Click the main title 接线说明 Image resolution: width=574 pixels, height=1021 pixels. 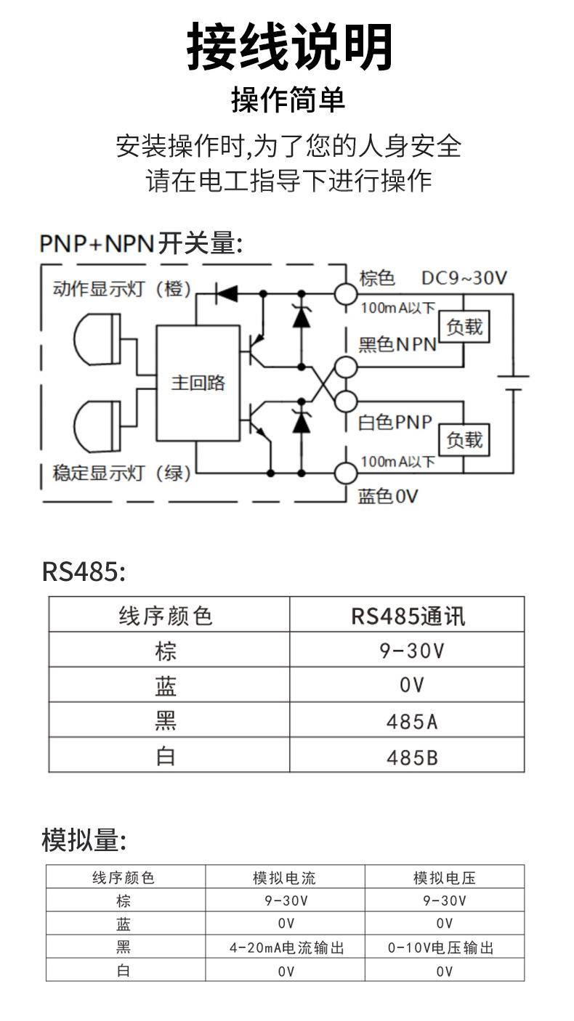pyautogui.click(x=289, y=47)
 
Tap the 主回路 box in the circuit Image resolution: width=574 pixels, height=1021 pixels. pyautogui.click(x=198, y=383)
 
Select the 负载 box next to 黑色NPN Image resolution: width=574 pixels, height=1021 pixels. pyautogui.click(x=464, y=328)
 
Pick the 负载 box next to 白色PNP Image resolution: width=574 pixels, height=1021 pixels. pyautogui.click(x=464, y=439)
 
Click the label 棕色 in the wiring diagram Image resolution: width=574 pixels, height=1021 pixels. pyautogui.click(x=377, y=278)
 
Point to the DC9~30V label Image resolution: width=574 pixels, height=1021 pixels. pyautogui.click(x=464, y=278)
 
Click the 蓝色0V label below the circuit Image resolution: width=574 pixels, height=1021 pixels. pyautogui.click(x=388, y=496)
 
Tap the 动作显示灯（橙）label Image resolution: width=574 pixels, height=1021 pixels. pyautogui.click(x=122, y=289)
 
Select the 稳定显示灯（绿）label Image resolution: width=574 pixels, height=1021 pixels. pyautogui.click(x=122, y=474)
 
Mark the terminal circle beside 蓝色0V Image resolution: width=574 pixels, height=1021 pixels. pyautogui.click(x=346, y=473)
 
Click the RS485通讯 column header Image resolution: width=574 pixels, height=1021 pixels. pyautogui.click(x=408, y=616)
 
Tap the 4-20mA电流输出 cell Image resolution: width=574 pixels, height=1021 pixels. pyautogui.click(x=286, y=948)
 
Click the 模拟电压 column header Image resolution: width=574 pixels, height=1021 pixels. pyautogui.click(x=445, y=878)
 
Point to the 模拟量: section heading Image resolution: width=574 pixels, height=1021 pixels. pyautogui.click(x=84, y=840)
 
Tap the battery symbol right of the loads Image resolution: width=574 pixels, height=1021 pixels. pyautogui.click(x=513, y=383)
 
